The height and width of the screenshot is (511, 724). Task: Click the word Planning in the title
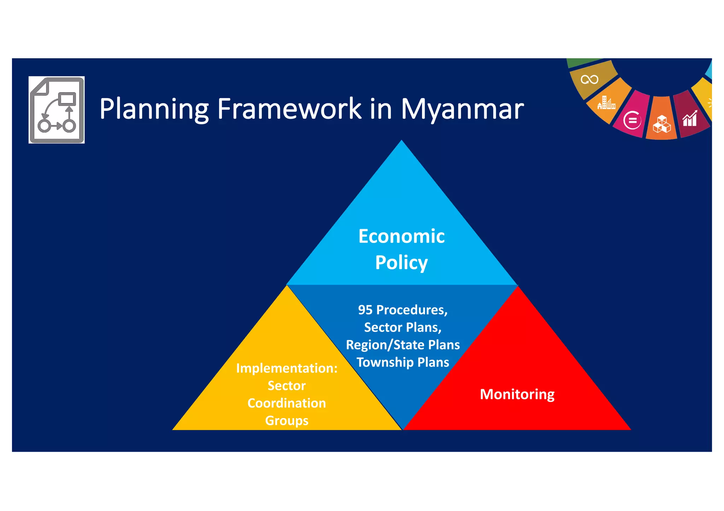(154, 109)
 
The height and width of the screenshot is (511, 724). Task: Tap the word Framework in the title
(289, 109)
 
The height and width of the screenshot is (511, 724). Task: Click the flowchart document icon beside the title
(57, 110)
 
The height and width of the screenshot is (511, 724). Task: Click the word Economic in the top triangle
(401, 236)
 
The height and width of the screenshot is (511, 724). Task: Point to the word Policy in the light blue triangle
(401, 262)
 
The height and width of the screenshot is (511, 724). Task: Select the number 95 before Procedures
(365, 310)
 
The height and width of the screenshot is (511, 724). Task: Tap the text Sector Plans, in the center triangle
(403, 327)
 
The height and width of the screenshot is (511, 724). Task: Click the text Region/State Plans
(403, 345)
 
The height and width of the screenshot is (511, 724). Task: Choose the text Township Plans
(403, 362)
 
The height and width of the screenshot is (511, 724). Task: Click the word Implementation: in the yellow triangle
(287, 368)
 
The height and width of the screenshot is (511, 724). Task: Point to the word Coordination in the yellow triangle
(287, 403)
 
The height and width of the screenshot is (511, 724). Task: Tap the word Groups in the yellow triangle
(287, 421)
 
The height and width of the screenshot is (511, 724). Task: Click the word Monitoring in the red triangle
(517, 394)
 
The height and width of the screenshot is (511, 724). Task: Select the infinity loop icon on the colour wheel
(589, 79)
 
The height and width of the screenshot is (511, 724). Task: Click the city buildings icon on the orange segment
(606, 103)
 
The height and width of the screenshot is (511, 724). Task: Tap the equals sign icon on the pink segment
(632, 120)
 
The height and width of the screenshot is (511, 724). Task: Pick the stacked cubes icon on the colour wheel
(661, 124)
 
